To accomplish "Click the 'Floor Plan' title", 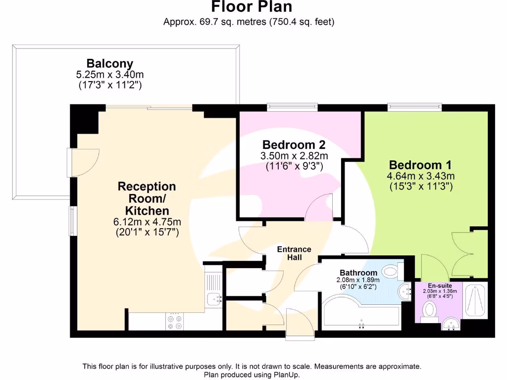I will pos(252,7).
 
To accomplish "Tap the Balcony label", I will pos(109,63).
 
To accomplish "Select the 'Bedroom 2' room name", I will pos(294,145).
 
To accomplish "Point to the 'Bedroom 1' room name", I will pos(420,165).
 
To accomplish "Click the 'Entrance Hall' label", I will pos(294,253).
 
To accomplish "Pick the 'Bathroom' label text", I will pos(358,273).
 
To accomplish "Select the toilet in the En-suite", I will pos(429,311).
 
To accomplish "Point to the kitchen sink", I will pos(214,298).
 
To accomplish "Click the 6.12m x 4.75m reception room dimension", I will pos(147,222).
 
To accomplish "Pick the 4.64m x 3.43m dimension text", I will pos(420,176).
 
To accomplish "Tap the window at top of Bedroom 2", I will pos(292,106).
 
